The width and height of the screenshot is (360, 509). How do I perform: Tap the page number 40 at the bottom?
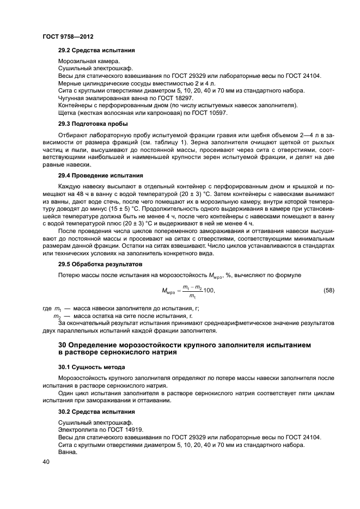[x=46, y=461]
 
